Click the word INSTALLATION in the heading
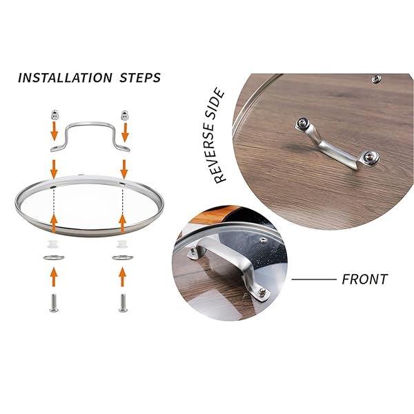tap(65, 78)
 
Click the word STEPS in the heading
tap(140, 78)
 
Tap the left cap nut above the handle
tap(55, 115)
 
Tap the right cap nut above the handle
tap(124, 115)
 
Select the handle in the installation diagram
tap(90, 124)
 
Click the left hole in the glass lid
tap(52, 187)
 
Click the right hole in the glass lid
tap(123, 183)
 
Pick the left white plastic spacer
tap(53, 244)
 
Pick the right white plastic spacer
tap(122, 244)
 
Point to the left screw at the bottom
tap(54, 303)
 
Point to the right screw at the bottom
tap(123, 303)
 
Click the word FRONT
tap(364, 279)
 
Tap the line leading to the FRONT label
tap(314, 279)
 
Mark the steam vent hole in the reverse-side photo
tap(377, 79)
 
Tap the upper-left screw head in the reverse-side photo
tap(301, 123)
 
